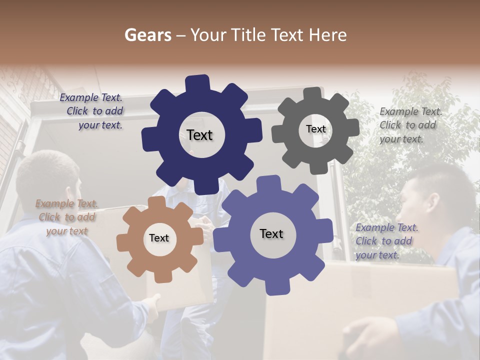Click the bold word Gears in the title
(147, 35)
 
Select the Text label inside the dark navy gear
(199, 135)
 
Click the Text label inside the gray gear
(315, 129)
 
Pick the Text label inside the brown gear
(159, 238)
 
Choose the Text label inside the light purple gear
(271, 233)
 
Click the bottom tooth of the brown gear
(160, 276)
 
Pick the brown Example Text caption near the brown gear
(66, 217)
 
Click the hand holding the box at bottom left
(152, 303)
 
